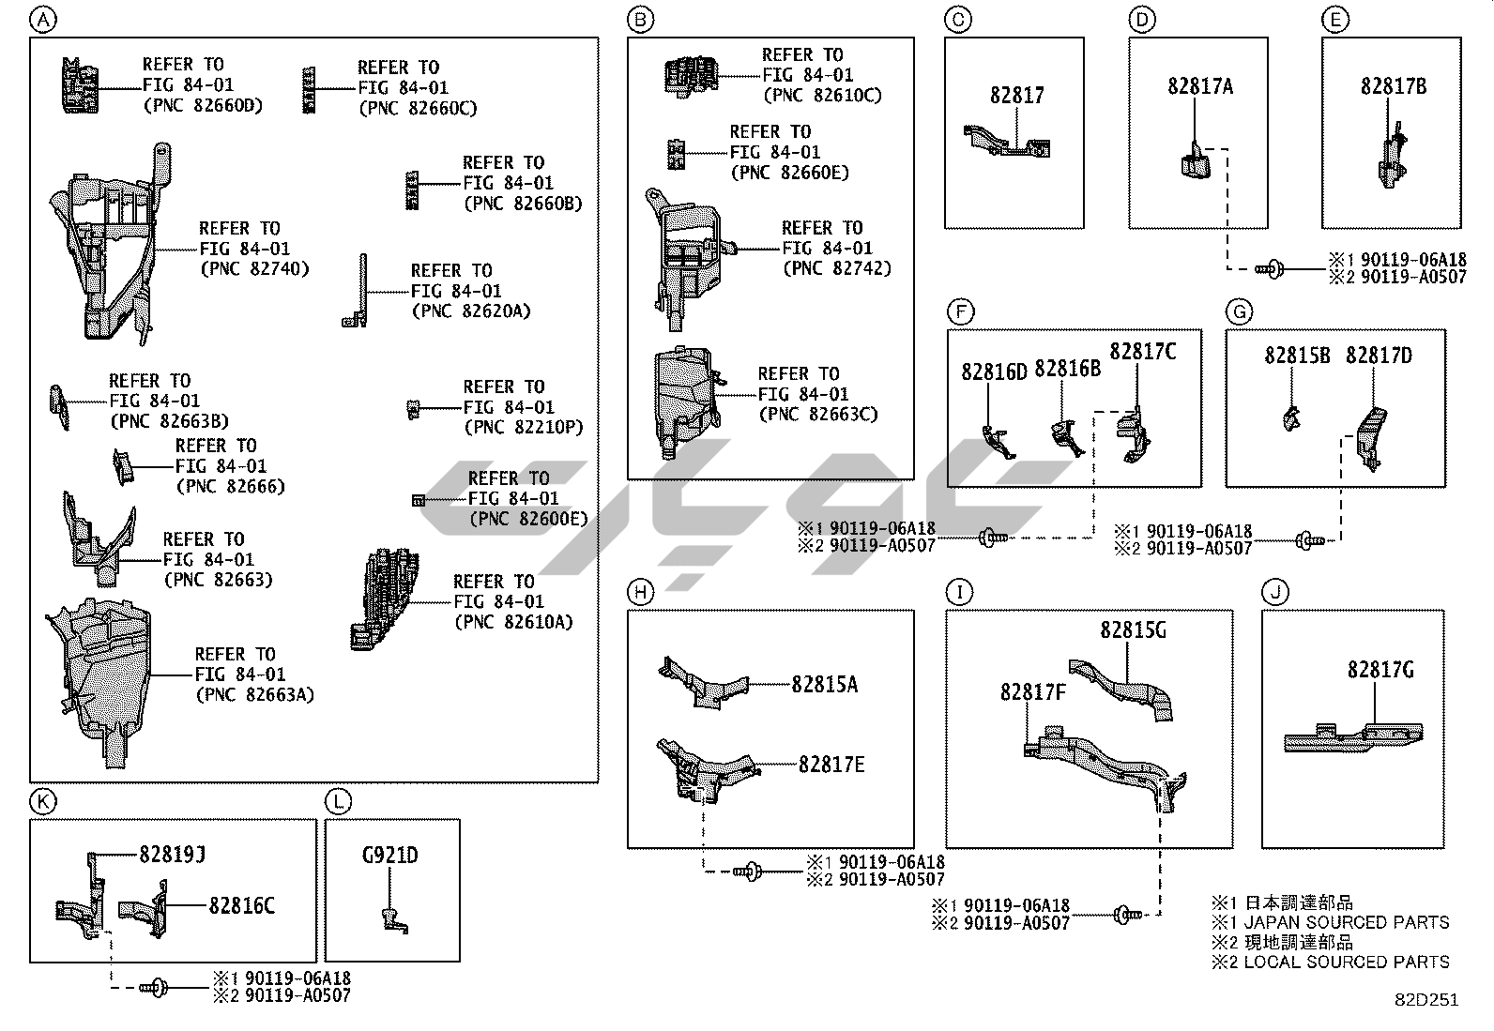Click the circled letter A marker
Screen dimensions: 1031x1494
[x=42, y=19]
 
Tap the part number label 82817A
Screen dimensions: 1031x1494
[x=1199, y=86]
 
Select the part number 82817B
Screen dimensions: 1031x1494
[x=1393, y=86]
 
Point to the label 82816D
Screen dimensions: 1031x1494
[x=994, y=372]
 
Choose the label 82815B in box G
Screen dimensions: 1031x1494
[x=1297, y=356]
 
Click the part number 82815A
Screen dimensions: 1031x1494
[x=824, y=684]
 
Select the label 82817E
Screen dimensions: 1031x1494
[x=831, y=765]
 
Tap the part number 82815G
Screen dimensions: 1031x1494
[x=1133, y=630]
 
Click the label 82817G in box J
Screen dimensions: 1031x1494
[x=1380, y=670]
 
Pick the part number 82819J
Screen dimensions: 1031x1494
[x=172, y=855]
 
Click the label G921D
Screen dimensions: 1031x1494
[x=389, y=856]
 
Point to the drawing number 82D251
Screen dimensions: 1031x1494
[x=1425, y=1000]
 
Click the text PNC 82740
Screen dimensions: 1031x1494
[x=254, y=269]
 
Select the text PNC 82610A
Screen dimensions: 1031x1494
[x=513, y=622]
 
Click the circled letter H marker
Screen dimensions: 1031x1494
[x=639, y=592]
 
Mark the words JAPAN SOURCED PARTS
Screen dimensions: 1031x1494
[x=1346, y=922]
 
